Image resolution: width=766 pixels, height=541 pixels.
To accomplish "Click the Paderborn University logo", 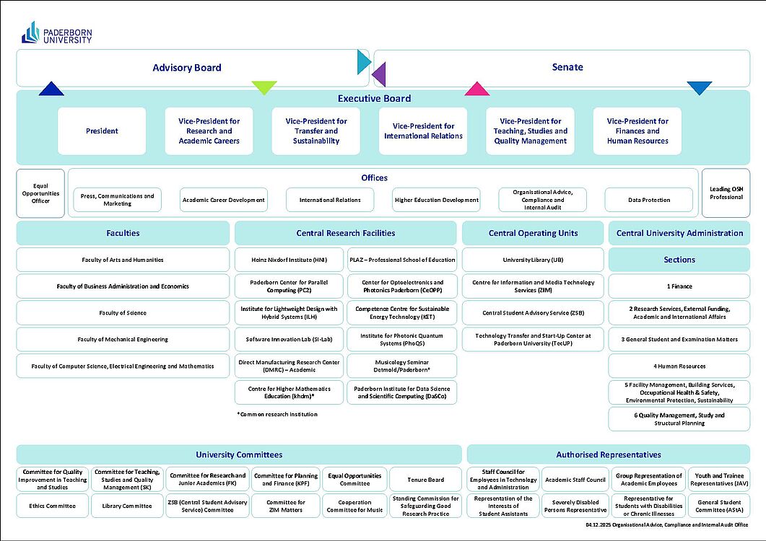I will [57, 32].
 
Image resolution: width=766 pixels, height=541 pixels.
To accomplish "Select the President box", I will [102, 131].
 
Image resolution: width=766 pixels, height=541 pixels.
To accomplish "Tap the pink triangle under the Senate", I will [476, 89].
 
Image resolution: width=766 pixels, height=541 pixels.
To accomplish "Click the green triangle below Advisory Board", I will [264, 88].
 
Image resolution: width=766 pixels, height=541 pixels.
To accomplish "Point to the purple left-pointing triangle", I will [379, 74].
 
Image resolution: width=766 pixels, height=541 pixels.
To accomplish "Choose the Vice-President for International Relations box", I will [423, 131].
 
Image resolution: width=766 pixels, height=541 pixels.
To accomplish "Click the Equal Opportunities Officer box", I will [40, 193].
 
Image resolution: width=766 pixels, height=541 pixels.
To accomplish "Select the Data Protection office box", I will [649, 200].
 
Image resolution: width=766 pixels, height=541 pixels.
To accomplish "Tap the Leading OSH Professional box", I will [726, 193].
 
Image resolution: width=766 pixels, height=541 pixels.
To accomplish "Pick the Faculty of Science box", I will [123, 313].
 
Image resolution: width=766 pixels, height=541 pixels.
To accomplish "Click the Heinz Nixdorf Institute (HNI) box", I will [289, 260].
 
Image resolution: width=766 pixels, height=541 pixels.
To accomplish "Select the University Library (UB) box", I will [533, 260].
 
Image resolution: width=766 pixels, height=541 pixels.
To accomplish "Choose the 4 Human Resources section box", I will [679, 366].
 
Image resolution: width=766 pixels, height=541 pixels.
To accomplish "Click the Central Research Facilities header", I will [345, 233].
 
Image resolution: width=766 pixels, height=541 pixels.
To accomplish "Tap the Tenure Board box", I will [426, 480].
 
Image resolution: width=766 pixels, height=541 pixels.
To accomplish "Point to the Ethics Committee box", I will [53, 506].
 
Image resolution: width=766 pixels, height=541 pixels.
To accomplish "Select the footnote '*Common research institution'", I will [277, 415].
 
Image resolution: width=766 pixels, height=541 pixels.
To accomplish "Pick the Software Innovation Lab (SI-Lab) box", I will [289, 339].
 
